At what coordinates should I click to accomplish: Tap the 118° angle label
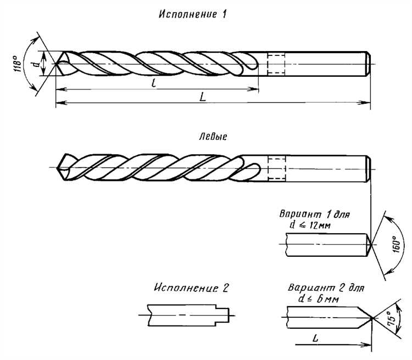[x=18, y=65]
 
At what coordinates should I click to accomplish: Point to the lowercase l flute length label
[x=153, y=82]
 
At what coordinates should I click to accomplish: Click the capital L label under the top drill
[x=203, y=97]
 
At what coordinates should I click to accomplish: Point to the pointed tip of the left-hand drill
[x=58, y=166]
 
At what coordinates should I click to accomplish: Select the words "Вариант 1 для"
[x=315, y=213]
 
